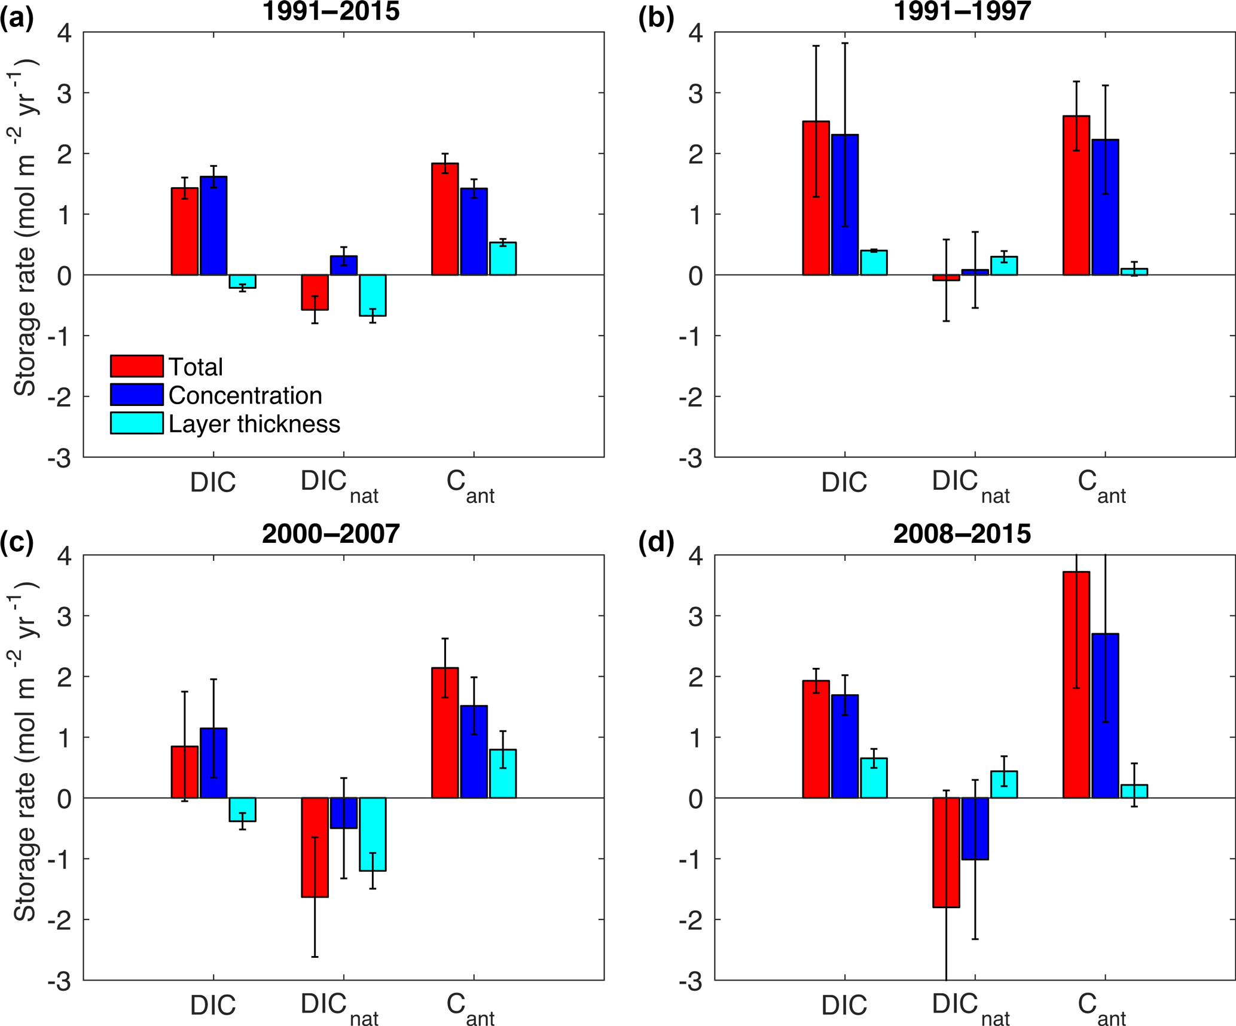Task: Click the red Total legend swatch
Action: point(136,366)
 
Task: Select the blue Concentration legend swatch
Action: point(136,395)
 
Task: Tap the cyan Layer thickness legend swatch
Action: point(136,423)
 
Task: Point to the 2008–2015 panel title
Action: point(962,533)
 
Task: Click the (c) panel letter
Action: point(17,542)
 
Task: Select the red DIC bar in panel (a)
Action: point(185,231)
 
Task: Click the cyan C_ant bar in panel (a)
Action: point(503,259)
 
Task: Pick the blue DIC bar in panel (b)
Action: point(845,204)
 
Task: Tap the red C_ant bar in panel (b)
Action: point(1076,196)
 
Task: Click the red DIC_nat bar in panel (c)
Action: point(315,847)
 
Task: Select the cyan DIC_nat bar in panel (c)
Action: point(373,834)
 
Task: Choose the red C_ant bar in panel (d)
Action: point(1076,685)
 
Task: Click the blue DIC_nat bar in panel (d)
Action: point(975,828)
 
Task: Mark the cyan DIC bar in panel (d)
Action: point(874,778)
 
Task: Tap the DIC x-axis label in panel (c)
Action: point(213,1006)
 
